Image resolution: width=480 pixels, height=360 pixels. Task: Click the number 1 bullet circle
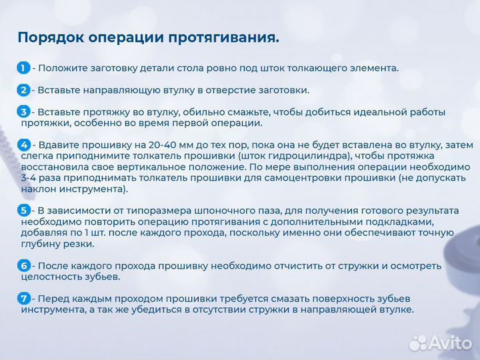(23, 67)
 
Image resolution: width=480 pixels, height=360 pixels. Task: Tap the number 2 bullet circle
(23, 89)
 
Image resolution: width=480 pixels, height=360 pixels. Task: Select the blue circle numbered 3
(23, 111)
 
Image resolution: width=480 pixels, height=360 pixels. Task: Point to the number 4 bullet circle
(23, 144)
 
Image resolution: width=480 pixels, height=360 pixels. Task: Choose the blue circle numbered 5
(23, 210)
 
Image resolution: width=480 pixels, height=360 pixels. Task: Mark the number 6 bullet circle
(23, 265)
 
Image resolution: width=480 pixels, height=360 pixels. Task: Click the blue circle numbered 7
(23, 298)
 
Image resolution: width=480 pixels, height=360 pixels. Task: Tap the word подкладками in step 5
(393, 221)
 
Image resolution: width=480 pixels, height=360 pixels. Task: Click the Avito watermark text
(450, 342)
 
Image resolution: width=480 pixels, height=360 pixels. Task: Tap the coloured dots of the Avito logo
(418, 342)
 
